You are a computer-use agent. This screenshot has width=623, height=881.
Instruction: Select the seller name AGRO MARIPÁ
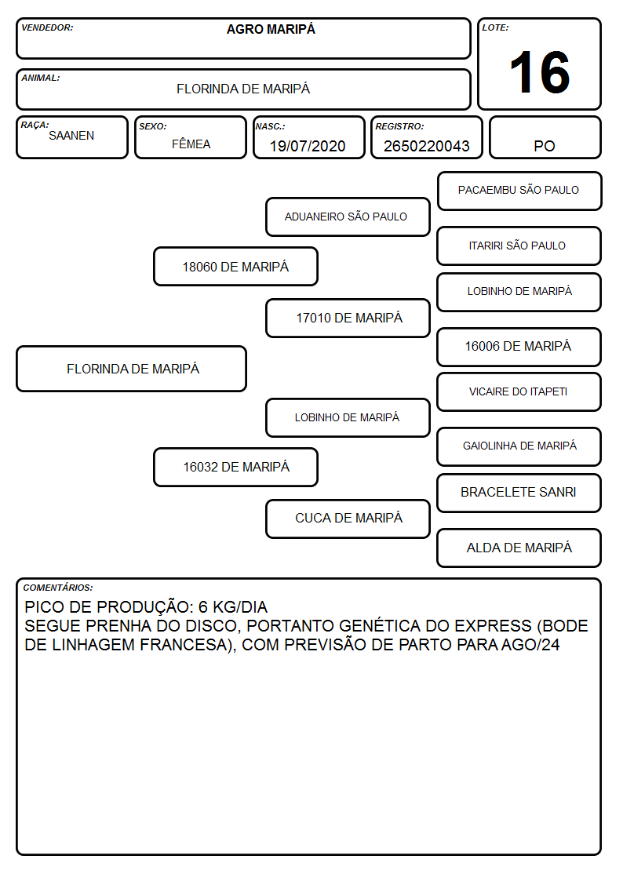coord(271,29)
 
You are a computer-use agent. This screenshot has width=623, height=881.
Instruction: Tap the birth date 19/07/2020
coord(308,146)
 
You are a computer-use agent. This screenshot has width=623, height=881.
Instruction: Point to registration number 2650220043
coord(426,146)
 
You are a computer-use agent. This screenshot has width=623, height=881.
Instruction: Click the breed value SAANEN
coord(71,136)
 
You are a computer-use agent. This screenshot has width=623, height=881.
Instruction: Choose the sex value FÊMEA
coord(191,144)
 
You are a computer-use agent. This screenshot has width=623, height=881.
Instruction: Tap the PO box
coord(545,137)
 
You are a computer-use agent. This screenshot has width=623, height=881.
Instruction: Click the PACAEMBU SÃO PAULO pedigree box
coord(519,191)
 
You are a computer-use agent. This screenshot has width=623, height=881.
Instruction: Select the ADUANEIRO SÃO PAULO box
coord(348,217)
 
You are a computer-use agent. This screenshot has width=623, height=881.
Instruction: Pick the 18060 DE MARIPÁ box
coord(235,266)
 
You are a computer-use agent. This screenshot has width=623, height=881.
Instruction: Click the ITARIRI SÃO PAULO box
coord(519,246)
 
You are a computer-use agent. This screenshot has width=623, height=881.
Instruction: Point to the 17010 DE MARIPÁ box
coord(348,318)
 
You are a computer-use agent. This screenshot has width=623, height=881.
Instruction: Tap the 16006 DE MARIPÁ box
coord(519,347)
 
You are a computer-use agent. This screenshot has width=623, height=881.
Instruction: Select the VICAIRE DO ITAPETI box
coord(519,391)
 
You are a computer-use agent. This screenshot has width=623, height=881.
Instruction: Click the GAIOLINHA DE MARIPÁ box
coord(519,446)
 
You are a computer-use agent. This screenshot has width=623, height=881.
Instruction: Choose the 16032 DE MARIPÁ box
coord(235,467)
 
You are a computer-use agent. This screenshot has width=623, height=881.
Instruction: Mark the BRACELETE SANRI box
coord(519,493)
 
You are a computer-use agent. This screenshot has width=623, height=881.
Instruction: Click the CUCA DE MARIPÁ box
coord(348,519)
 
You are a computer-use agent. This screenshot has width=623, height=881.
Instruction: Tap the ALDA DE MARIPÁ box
coord(519,548)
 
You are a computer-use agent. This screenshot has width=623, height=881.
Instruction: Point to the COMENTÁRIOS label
coord(58,588)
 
